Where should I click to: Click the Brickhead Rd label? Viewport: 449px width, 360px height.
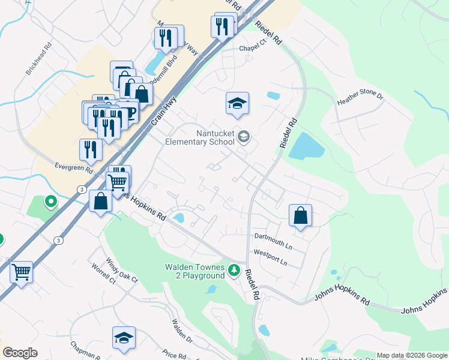tap(39, 58)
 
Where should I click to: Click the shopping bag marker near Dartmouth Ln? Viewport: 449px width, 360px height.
tap(300, 215)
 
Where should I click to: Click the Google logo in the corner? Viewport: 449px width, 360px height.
tap(20, 353)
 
